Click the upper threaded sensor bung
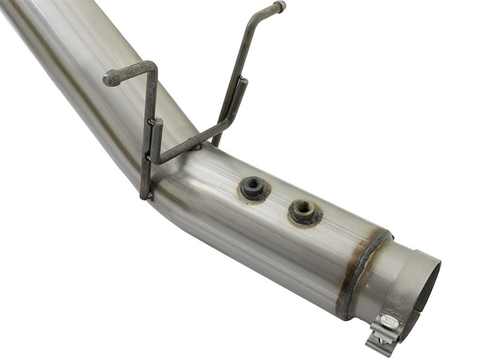tap(254, 188)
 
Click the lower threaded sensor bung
tap(304, 211)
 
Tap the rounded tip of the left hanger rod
tap(109, 78)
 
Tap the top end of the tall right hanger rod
tap(280, 6)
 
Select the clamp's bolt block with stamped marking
tap(389, 322)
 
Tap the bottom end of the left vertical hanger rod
tap(145, 194)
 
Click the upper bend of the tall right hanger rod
tap(253, 23)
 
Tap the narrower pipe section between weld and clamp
tap(375, 276)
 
